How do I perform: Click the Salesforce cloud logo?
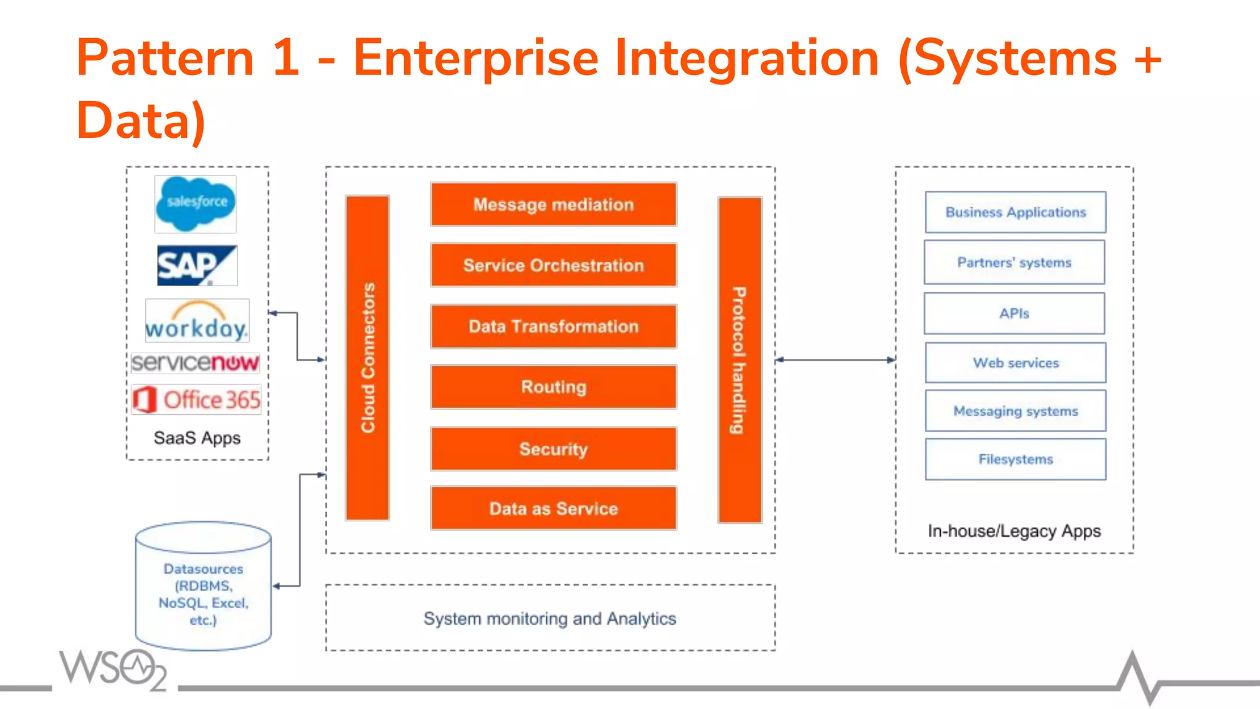[x=196, y=204]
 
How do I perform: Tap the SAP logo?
[x=197, y=265]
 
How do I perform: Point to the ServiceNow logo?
[x=196, y=363]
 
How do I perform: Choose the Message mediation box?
[x=553, y=204]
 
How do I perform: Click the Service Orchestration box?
[x=553, y=265]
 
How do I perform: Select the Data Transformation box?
[x=553, y=326]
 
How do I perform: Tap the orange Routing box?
[x=553, y=387]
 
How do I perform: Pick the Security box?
[x=553, y=449]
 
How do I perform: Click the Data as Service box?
[x=553, y=508]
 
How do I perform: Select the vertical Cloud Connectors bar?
[x=367, y=358]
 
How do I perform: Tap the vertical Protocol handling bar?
[x=740, y=360]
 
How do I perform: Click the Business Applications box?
[x=1015, y=212]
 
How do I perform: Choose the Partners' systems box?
[x=1014, y=263]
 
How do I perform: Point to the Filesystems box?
[x=1015, y=459]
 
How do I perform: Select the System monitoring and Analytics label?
[x=549, y=618]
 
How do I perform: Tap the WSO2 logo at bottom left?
[x=114, y=669]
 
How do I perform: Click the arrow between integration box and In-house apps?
[x=835, y=359]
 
